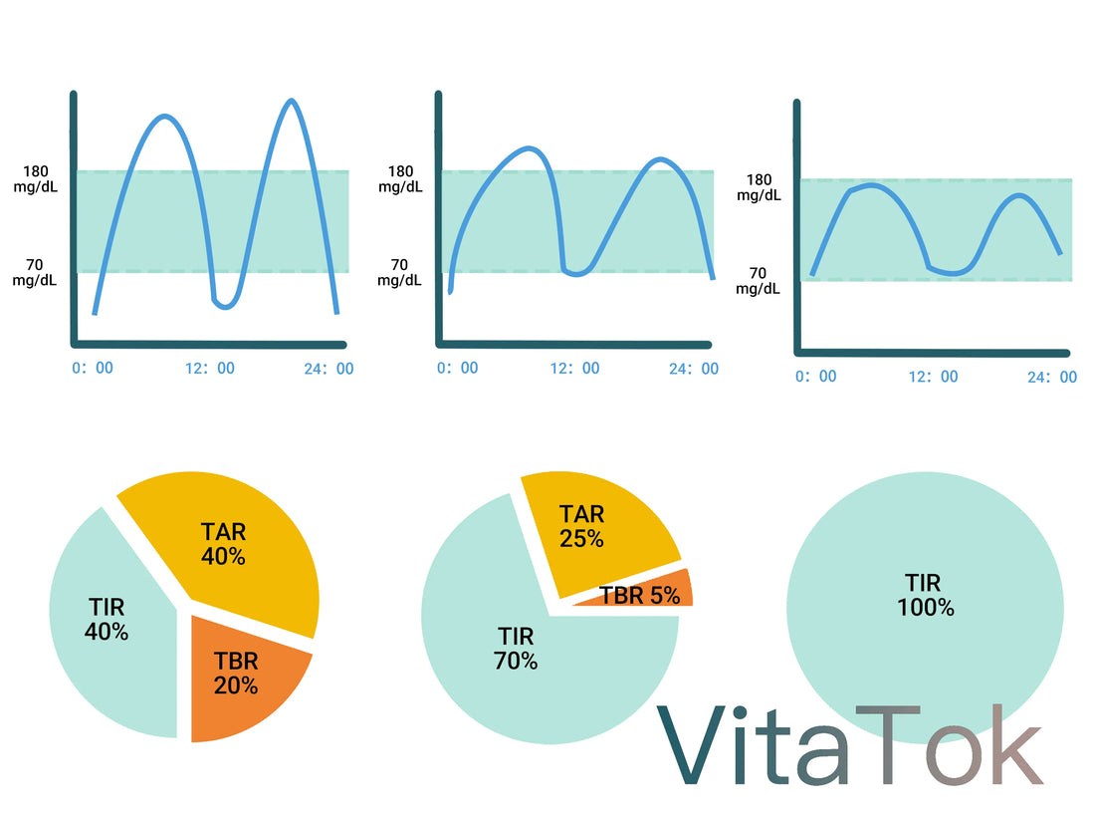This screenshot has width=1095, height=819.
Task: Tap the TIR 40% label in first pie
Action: [107, 619]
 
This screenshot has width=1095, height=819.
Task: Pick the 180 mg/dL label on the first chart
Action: [36, 179]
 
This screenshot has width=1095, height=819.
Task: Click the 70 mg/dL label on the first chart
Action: [36, 272]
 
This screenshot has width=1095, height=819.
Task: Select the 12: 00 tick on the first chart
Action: [210, 368]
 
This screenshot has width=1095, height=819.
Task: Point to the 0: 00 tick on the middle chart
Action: [457, 368]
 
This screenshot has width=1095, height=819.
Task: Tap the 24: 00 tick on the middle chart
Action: [693, 368]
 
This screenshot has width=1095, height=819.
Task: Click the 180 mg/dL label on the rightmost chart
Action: [759, 187]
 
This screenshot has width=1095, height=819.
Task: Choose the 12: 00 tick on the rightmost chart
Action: [933, 377]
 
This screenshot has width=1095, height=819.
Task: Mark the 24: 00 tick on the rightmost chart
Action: [1051, 377]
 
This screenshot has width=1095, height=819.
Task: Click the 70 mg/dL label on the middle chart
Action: [399, 272]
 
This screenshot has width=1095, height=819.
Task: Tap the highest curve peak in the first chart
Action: [290, 101]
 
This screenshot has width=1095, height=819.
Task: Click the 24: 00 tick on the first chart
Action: [328, 368]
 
